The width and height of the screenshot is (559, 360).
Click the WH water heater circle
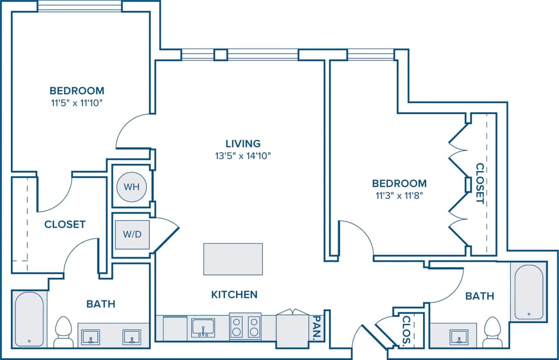(x=131, y=187)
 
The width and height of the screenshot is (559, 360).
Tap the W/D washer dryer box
(x=131, y=234)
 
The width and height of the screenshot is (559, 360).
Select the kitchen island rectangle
(x=233, y=259)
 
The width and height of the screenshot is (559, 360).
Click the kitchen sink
(x=203, y=327)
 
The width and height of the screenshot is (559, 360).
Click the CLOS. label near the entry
(x=406, y=330)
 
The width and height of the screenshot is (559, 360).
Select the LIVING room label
(x=243, y=143)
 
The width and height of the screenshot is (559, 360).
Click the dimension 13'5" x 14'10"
(x=243, y=156)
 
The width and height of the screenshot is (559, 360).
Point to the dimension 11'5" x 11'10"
(x=77, y=103)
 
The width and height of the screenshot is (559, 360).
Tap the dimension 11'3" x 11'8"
(x=399, y=195)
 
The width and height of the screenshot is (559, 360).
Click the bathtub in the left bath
(x=29, y=318)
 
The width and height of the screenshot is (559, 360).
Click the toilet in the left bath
(x=64, y=332)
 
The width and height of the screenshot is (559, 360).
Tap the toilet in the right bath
(x=493, y=332)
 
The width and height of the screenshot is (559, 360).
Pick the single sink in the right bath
(x=459, y=336)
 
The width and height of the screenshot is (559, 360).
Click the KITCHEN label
(x=234, y=294)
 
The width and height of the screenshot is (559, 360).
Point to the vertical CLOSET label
(x=480, y=183)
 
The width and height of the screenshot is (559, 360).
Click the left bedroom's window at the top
(x=79, y=6)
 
